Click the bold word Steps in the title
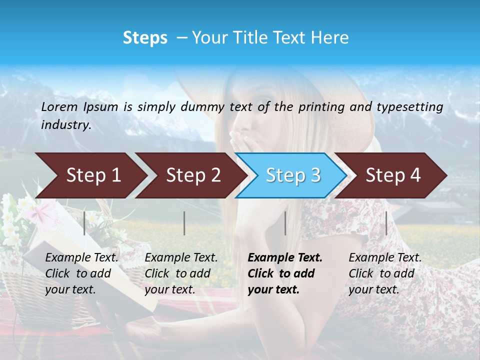pos(145,37)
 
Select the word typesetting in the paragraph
pos(409,106)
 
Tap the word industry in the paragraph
pos(65,125)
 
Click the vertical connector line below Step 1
pos(84,223)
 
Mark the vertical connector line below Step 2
pos(184,223)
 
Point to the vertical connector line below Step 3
pos(285,223)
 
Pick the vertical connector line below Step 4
pos(386,223)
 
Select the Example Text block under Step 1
pos(81,273)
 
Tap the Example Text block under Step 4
pos(384,273)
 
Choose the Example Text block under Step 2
pos(181,273)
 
